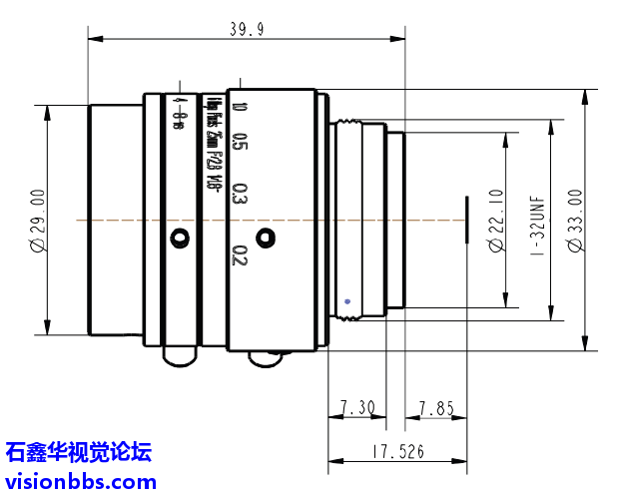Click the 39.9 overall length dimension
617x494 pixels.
click(x=246, y=30)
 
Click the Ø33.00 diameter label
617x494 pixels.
click(x=574, y=221)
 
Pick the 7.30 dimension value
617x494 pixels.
click(x=356, y=407)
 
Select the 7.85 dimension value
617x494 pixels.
click(x=436, y=407)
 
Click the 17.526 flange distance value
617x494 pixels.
click(x=396, y=452)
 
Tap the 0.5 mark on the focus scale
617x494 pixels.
click(x=239, y=142)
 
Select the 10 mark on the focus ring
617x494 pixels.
click(x=239, y=107)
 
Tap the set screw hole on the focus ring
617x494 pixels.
click(x=265, y=238)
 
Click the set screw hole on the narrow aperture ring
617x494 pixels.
click(x=179, y=238)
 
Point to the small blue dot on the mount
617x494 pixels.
click(x=346, y=299)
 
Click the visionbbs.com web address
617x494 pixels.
click(x=80, y=481)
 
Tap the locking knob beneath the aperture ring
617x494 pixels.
click(x=179, y=355)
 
